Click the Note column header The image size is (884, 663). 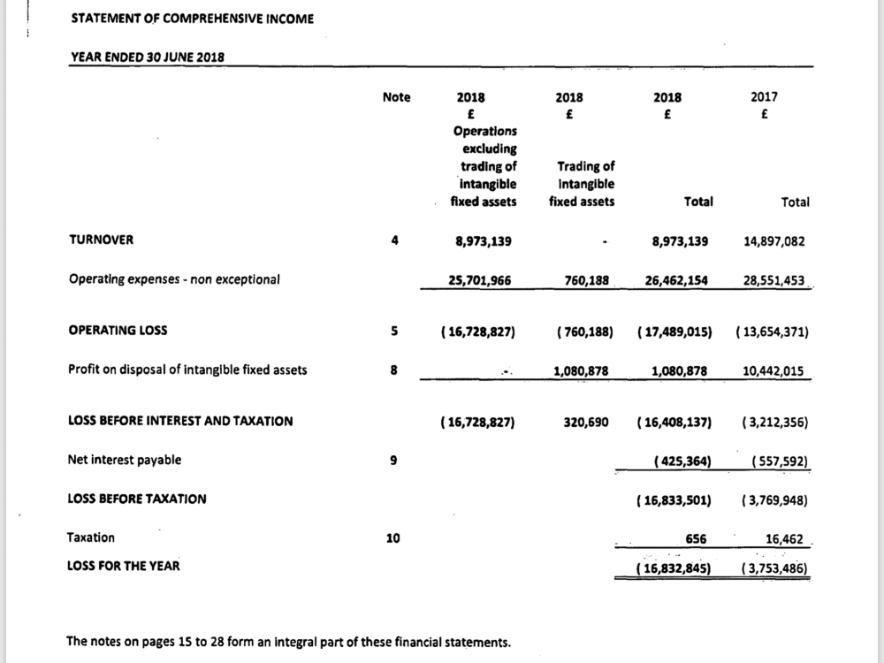coord(396,97)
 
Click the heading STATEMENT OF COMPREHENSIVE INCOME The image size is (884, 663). coord(191,19)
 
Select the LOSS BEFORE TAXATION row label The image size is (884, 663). coord(137,499)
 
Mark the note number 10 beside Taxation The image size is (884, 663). coord(396,537)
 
